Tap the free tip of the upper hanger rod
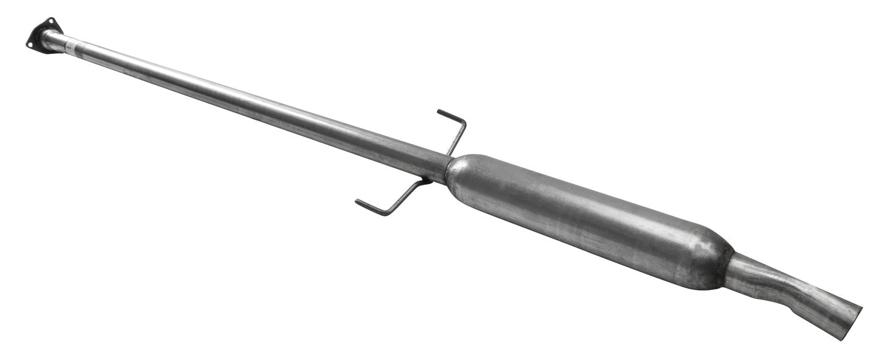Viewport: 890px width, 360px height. [439, 111]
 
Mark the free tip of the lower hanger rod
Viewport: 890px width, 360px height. [358, 203]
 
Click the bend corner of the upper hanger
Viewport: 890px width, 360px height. [464, 122]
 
